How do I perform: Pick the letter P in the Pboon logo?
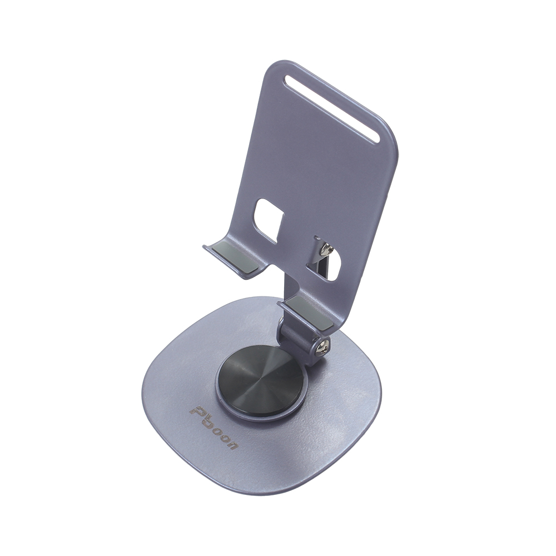point(196,410)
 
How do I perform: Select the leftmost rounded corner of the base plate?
point(147,389)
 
